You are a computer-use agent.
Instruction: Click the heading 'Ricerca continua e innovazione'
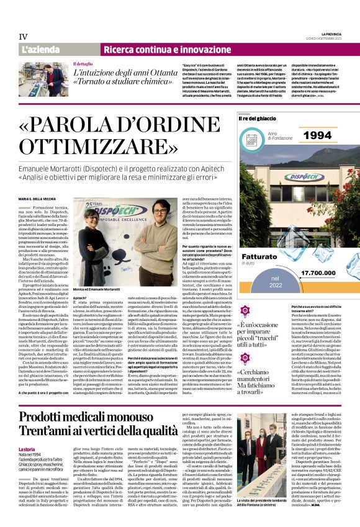click(163, 49)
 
